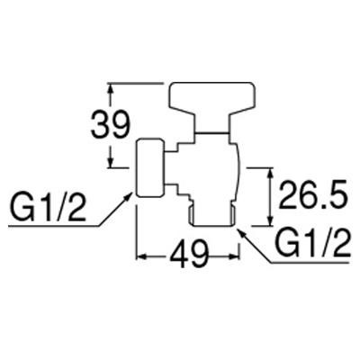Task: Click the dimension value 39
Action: pos(111,124)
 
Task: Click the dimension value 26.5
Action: pos(312,194)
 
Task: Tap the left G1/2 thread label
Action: pos(47,208)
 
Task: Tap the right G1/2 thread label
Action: pos(312,242)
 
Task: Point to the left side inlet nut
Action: pos(150,167)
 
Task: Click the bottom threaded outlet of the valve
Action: pos(212,214)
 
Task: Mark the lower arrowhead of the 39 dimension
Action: pos(111,161)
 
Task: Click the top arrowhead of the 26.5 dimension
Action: pos(270,174)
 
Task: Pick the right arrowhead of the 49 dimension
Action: pos(234,256)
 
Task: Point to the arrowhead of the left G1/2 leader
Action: pos(127,198)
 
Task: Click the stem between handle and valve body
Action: pos(211,127)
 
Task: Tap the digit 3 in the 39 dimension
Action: pos(101,124)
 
